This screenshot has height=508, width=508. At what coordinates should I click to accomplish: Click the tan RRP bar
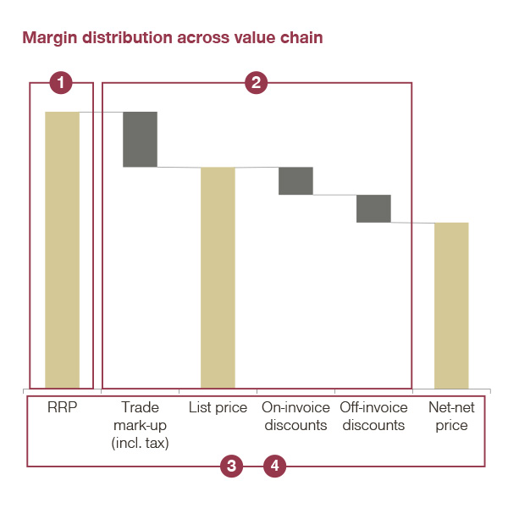[x=62, y=250]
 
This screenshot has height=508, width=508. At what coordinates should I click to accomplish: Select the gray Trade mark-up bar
[x=140, y=140]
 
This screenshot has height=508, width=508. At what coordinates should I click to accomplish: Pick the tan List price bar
[x=218, y=278]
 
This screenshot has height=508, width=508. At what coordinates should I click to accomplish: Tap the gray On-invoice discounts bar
[x=295, y=181]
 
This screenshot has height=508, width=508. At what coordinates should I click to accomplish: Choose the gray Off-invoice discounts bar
[x=373, y=208]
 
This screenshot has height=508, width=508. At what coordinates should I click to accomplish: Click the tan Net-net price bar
[x=451, y=305]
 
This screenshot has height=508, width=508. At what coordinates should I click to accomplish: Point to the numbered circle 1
[x=61, y=83]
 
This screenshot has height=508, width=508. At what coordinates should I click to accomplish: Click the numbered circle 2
[x=256, y=83]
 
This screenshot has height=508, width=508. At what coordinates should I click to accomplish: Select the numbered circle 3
[x=231, y=466]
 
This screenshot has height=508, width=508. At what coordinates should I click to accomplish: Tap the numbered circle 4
[x=274, y=466]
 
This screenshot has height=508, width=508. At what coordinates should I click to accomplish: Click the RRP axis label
[x=62, y=407]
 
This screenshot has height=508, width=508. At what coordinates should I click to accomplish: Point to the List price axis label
[x=218, y=408]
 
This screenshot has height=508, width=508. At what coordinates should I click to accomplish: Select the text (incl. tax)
[x=140, y=443]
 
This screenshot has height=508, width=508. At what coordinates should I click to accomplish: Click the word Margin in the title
[x=50, y=38]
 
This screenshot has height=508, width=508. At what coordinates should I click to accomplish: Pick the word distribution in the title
[x=128, y=37]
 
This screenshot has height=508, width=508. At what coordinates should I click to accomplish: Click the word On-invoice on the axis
[x=295, y=407]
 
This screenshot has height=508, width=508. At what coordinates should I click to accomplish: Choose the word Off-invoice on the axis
[x=373, y=407]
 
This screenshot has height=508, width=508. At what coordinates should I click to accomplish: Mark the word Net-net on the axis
[x=451, y=407]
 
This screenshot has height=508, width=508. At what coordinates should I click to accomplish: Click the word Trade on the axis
[x=140, y=407]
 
